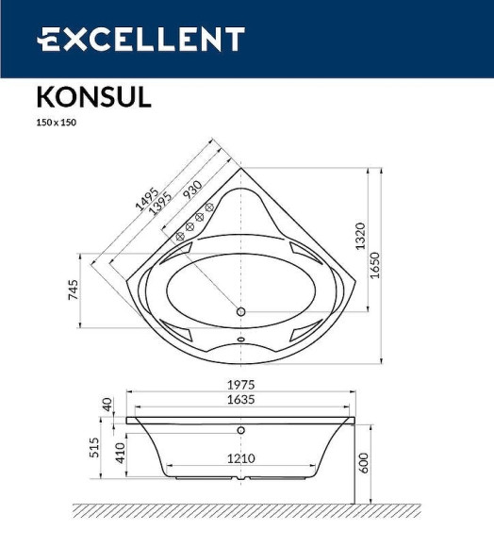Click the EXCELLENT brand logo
pyautogui.click(x=140, y=40)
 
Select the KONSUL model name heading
pyautogui.click(x=93, y=98)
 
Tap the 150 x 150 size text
pyautogui.click(x=56, y=123)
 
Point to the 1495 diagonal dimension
pyautogui.click(x=147, y=197)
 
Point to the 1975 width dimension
pyautogui.click(x=240, y=385)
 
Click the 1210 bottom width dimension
pyautogui.click(x=240, y=459)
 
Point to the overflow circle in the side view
pyautogui.click(x=240, y=431)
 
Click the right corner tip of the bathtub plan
pyautogui.click(x=359, y=280)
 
